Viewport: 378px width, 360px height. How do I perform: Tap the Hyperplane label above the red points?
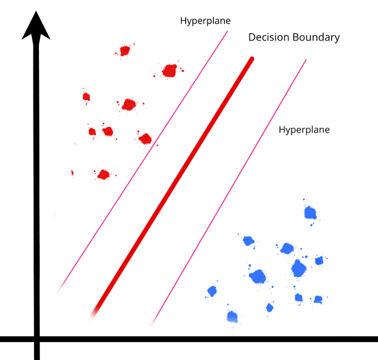point(205,21)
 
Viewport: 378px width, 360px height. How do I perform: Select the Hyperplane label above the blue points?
point(304,130)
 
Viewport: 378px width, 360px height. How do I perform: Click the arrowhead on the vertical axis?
point(36,27)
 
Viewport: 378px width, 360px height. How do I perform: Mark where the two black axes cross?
point(36,339)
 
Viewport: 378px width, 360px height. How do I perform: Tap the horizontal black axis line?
point(216,339)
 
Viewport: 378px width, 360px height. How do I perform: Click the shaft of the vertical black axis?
point(36,189)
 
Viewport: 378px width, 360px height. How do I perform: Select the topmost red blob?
point(125,51)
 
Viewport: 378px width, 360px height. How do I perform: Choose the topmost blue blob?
point(310,212)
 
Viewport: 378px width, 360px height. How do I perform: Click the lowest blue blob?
point(232,317)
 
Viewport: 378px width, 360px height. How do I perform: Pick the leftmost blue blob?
point(212,291)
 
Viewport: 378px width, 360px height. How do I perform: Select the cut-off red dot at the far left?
point(72,173)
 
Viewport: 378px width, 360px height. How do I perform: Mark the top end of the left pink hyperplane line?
point(227,32)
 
